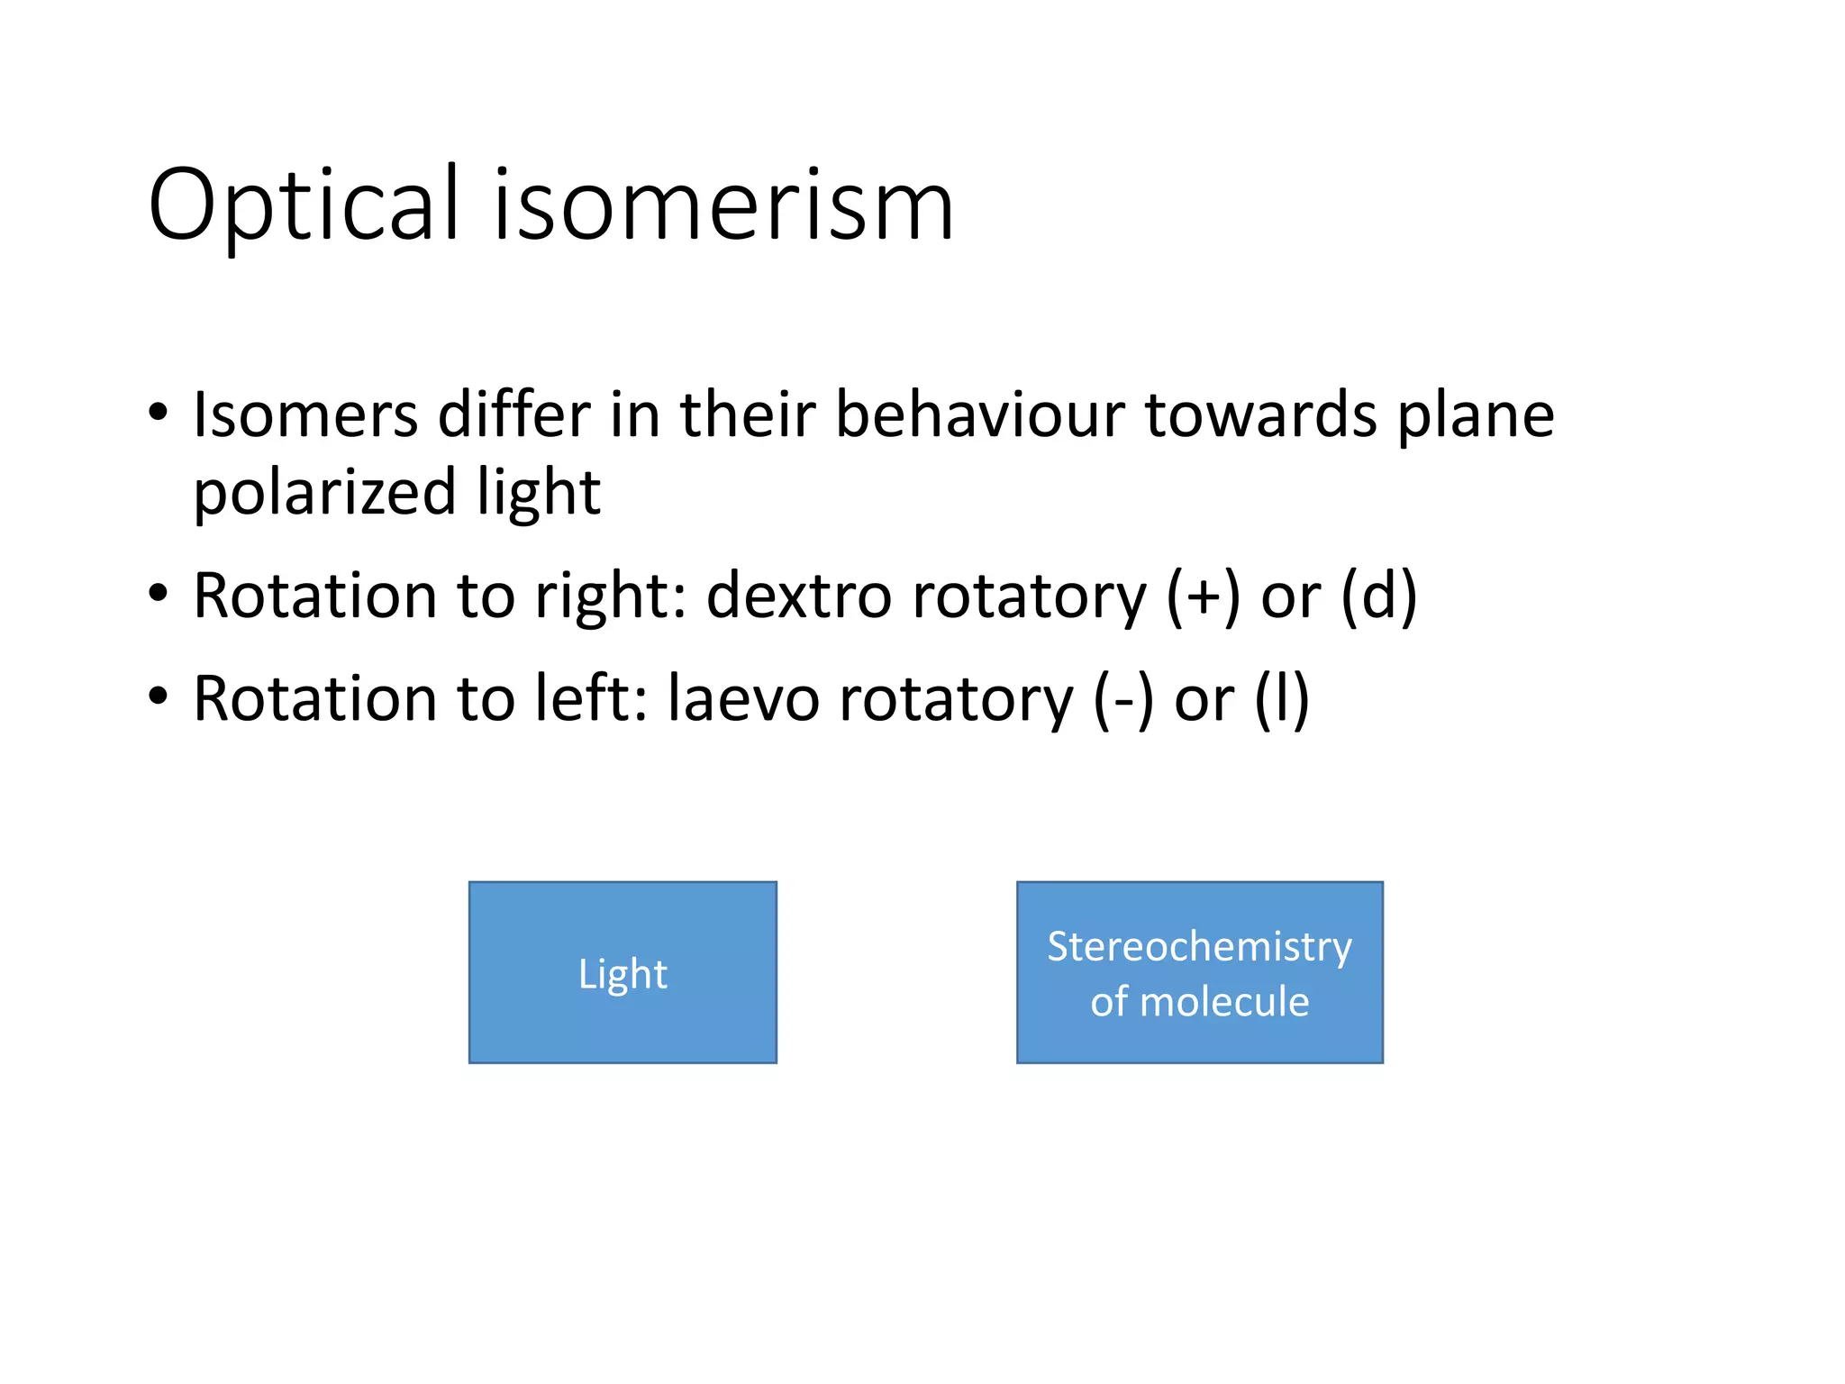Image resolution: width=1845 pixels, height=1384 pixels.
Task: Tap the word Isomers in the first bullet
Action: click(305, 415)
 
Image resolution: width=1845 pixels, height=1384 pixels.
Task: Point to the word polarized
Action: click(325, 494)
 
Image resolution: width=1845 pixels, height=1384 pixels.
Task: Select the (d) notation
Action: click(1379, 596)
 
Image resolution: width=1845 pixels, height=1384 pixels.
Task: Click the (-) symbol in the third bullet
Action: click(1122, 699)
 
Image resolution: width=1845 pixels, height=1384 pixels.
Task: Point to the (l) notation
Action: click(1282, 699)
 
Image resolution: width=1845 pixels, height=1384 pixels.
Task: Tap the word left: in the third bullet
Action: click(591, 699)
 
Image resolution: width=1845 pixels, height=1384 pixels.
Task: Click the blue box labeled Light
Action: click(623, 972)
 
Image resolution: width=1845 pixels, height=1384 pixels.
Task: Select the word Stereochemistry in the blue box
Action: click(1199, 946)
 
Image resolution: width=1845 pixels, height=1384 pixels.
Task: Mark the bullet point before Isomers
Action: click(159, 413)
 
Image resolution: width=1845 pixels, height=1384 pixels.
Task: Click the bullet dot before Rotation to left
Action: click(159, 697)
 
